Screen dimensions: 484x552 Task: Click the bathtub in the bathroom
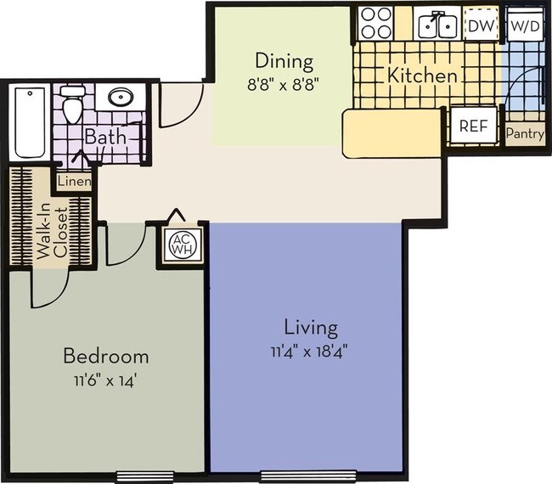coord(30,123)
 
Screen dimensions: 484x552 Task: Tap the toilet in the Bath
coord(73,104)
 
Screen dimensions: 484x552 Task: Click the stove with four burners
coord(375,24)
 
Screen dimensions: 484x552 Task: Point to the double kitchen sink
coord(438,25)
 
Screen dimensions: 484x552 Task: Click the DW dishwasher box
coord(481,25)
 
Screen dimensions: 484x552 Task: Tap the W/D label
coord(524,25)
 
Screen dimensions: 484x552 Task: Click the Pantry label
coord(524,133)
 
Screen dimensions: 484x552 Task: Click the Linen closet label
coord(75,180)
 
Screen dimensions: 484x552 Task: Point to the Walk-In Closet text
coord(48,231)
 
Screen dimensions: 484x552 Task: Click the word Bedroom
coord(107,357)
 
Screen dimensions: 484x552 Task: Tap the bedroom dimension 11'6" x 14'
coord(106,380)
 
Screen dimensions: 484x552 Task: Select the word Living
coord(310,327)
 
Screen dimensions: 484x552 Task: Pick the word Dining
coord(284,61)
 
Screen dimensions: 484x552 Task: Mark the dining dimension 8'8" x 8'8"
coord(284,84)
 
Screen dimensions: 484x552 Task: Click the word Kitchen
coord(422,76)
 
